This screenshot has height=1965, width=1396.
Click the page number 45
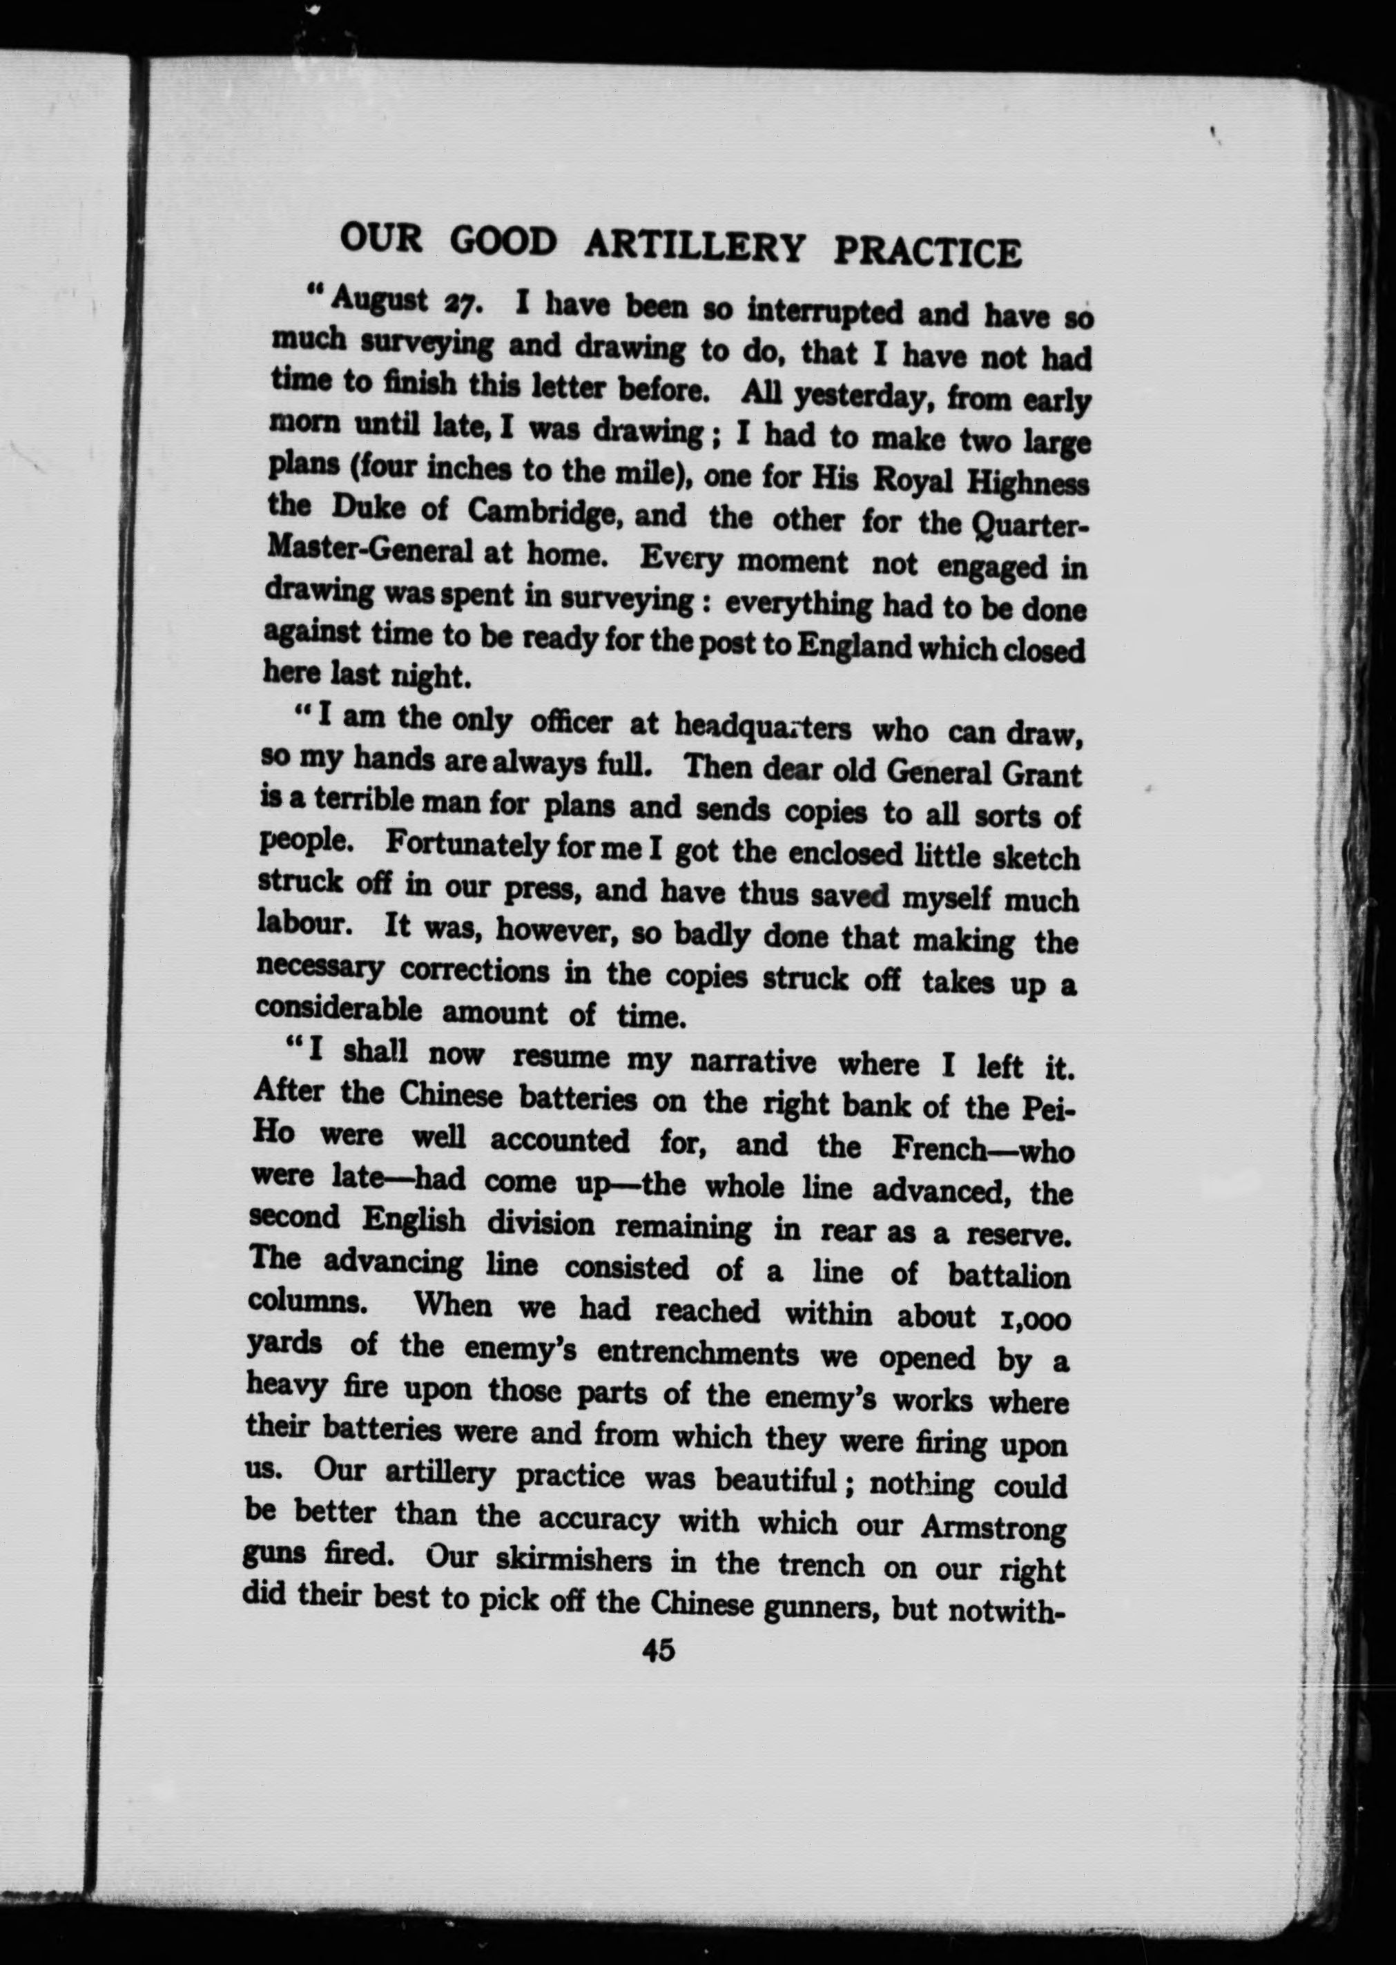point(657,1650)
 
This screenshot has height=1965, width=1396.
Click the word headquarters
point(762,728)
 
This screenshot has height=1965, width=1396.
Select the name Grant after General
point(1041,775)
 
